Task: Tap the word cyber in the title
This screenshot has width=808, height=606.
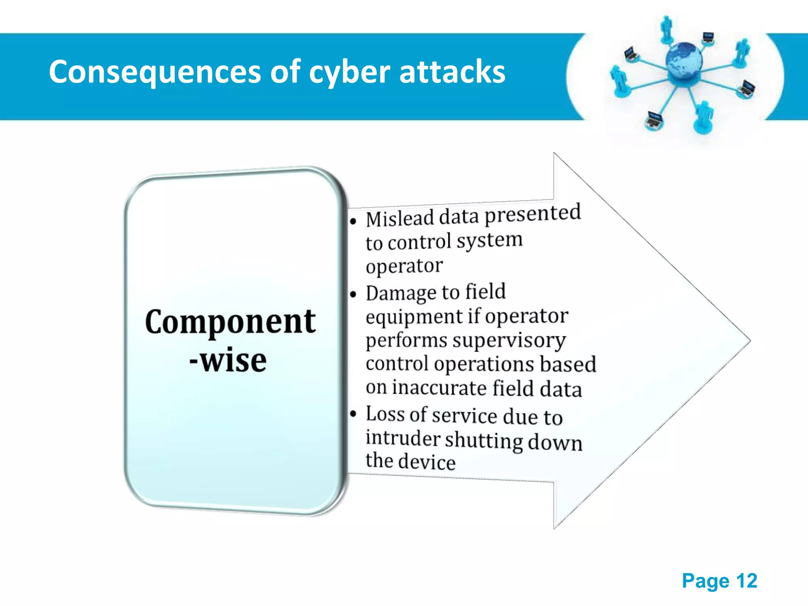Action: [349, 72]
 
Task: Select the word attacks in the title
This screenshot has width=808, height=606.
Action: [452, 72]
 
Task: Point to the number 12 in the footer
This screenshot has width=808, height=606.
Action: [746, 581]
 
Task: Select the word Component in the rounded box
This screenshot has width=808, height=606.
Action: [230, 322]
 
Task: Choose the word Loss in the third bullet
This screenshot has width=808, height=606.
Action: [385, 414]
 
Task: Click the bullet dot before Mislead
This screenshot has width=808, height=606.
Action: [353, 221]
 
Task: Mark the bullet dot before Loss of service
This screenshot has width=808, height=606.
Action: [353, 413]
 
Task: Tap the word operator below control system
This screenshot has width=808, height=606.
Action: [404, 266]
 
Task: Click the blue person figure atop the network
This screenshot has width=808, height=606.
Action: [666, 28]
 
